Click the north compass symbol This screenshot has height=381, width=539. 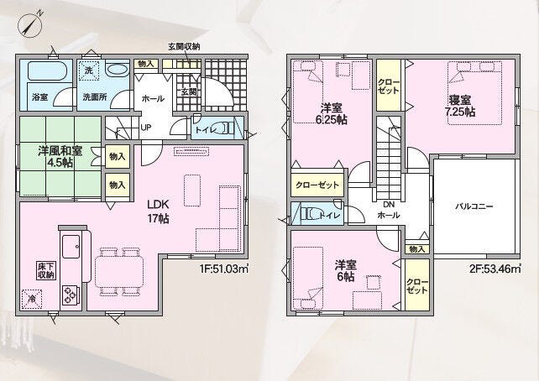(x=30, y=23)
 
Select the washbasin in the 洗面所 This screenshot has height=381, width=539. (x=118, y=70)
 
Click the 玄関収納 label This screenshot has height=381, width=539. (x=184, y=46)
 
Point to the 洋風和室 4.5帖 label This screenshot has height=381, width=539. (x=60, y=157)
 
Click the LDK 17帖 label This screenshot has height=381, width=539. (x=158, y=211)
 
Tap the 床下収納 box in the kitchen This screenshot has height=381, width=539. (x=45, y=271)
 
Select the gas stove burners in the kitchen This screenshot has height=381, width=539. (x=70, y=295)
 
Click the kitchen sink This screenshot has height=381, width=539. (x=71, y=247)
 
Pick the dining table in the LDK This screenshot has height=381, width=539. (x=119, y=272)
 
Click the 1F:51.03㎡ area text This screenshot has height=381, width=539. (x=223, y=269)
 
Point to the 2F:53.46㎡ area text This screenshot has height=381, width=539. (x=495, y=269)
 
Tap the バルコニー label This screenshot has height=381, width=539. (x=474, y=206)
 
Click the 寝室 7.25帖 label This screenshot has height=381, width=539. (x=461, y=106)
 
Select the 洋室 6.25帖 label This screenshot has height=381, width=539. (x=332, y=113)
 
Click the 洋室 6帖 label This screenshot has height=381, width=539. (x=346, y=270)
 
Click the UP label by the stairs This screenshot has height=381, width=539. (x=146, y=128)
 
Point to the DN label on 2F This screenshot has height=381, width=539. (x=389, y=205)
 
